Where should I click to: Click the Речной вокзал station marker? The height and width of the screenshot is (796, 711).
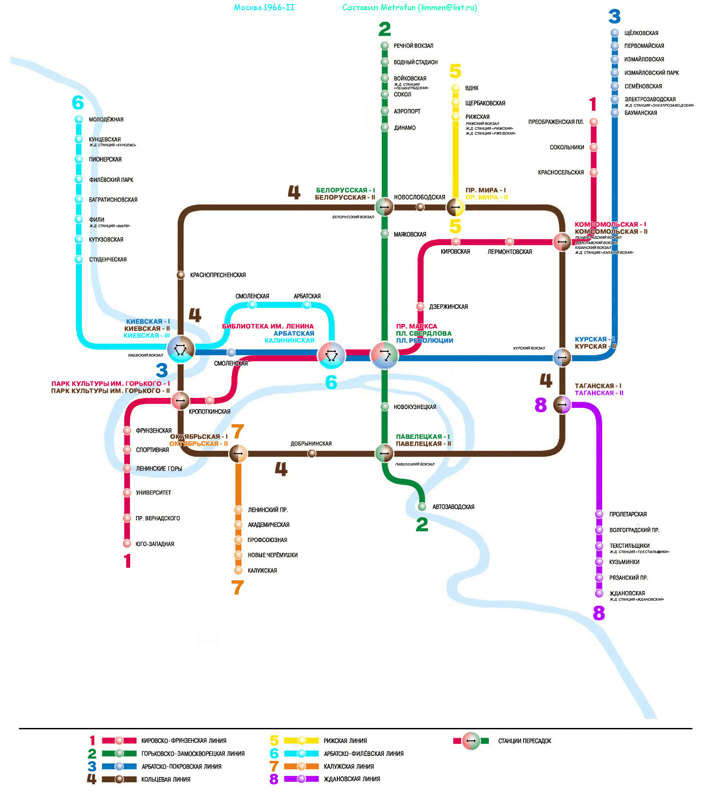pyautogui.click(x=385, y=46)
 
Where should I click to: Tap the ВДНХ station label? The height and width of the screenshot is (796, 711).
pyautogui.click(x=471, y=88)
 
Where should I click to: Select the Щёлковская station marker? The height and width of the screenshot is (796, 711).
pyautogui.click(x=615, y=33)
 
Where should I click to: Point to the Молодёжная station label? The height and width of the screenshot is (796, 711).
pyautogui.click(x=106, y=120)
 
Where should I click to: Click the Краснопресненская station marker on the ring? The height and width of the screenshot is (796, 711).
pyautogui.click(x=181, y=275)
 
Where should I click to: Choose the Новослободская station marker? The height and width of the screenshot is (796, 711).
pyautogui.click(x=420, y=207)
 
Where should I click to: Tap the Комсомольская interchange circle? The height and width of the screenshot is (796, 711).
pyautogui.click(x=562, y=242)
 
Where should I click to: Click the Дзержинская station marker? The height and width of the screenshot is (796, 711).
pyautogui.click(x=420, y=306)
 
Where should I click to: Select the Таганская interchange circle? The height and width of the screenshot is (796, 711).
pyautogui.click(x=562, y=405)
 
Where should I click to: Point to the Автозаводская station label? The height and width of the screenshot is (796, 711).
pyautogui.click(x=453, y=507)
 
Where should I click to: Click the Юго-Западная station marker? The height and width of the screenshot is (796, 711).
pyautogui.click(x=127, y=543)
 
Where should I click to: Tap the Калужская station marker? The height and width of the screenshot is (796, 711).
pyautogui.click(x=239, y=570)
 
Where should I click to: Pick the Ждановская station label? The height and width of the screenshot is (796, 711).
pyautogui.click(x=627, y=593)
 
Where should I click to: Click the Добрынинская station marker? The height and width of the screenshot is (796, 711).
pyautogui.click(x=312, y=454)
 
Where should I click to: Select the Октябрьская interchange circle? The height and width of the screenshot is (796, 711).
pyautogui.click(x=238, y=454)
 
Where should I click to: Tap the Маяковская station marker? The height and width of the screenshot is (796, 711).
pyautogui.click(x=385, y=234)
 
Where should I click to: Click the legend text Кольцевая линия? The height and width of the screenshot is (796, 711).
pyautogui.click(x=166, y=780)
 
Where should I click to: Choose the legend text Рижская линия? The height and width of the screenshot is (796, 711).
pyautogui.click(x=345, y=741)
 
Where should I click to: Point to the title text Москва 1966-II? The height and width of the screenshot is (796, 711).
pyautogui.click(x=264, y=8)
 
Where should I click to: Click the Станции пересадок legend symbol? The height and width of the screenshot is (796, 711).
pyautogui.click(x=471, y=741)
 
